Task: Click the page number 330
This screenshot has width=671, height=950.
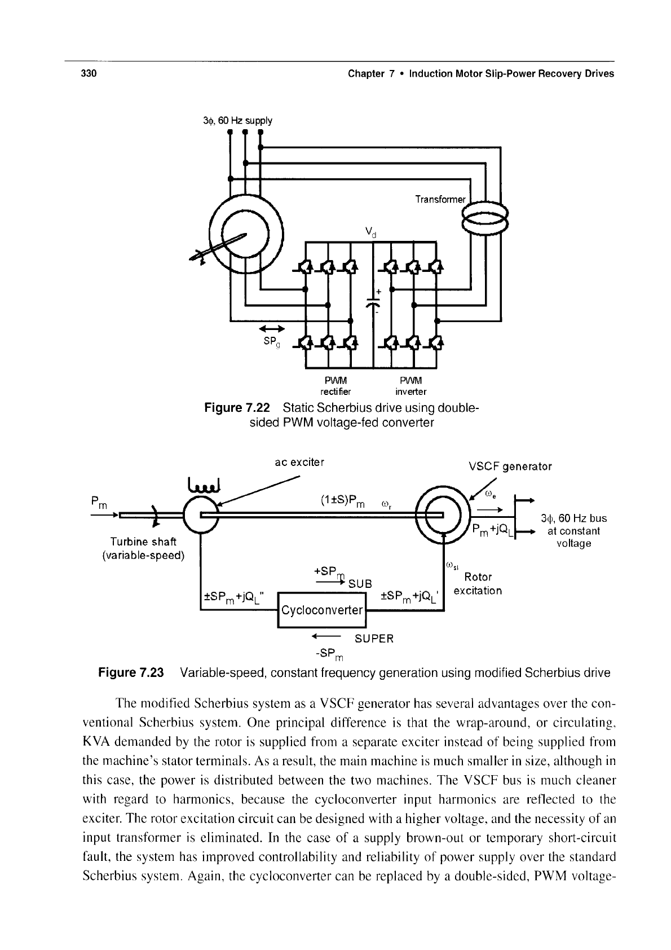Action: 89,73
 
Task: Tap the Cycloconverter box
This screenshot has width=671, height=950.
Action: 322,610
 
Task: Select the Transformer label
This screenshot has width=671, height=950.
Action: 440,199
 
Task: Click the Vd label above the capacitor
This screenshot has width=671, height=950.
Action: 371,232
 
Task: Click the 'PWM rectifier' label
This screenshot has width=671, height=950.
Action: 335,385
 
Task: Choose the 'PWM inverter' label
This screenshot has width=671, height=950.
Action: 410,385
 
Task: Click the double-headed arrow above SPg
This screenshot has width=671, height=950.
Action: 272,329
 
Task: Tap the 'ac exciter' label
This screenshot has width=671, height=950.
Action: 299,462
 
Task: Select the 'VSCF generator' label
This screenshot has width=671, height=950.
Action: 510,467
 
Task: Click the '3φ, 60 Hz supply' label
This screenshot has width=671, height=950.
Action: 238,121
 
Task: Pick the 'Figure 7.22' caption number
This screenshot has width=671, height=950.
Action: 237,407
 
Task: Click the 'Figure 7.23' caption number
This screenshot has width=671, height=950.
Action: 131,672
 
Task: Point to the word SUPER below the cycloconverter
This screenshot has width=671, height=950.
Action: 374,639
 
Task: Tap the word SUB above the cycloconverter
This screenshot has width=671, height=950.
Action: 360,584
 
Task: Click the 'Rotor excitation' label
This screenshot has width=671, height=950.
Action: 478,583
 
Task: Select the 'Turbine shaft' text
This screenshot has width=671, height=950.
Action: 143,542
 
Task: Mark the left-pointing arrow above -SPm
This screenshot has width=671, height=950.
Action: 326,636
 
